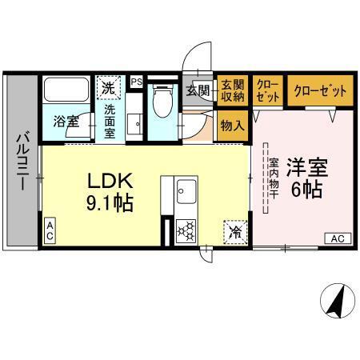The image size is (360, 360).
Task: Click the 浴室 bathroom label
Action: click(x=66, y=122)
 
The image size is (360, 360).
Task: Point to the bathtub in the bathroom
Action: click(x=66, y=90)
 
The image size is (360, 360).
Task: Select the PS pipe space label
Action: click(x=136, y=80)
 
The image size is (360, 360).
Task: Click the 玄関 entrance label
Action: click(x=198, y=90)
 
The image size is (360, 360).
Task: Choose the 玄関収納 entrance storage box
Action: click(x=232, y=90)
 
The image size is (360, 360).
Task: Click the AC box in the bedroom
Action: click(x=338, y=238)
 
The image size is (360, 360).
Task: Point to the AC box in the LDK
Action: click(x=50, y=233)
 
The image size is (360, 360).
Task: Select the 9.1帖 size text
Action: click(x=109, y=203)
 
